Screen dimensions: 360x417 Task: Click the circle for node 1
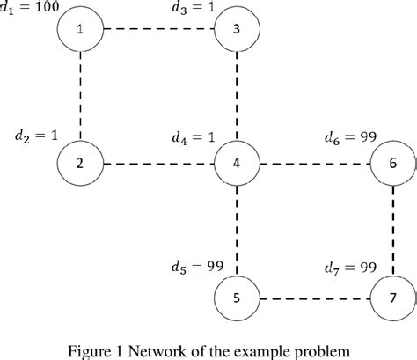click(x=80, y=29)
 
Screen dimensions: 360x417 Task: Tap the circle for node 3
click(x=237, y=29)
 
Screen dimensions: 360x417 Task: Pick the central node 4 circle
click(x=237, y=164)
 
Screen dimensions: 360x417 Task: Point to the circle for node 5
click(x=237, y=298)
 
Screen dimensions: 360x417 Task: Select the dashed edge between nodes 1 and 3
click(x=158, y=29)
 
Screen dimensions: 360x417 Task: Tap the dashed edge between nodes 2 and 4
click(x=158, y=164)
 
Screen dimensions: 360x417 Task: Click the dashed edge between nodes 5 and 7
click(x=314, y=298)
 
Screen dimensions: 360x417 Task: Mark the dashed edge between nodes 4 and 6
click(x=314, y=164)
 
